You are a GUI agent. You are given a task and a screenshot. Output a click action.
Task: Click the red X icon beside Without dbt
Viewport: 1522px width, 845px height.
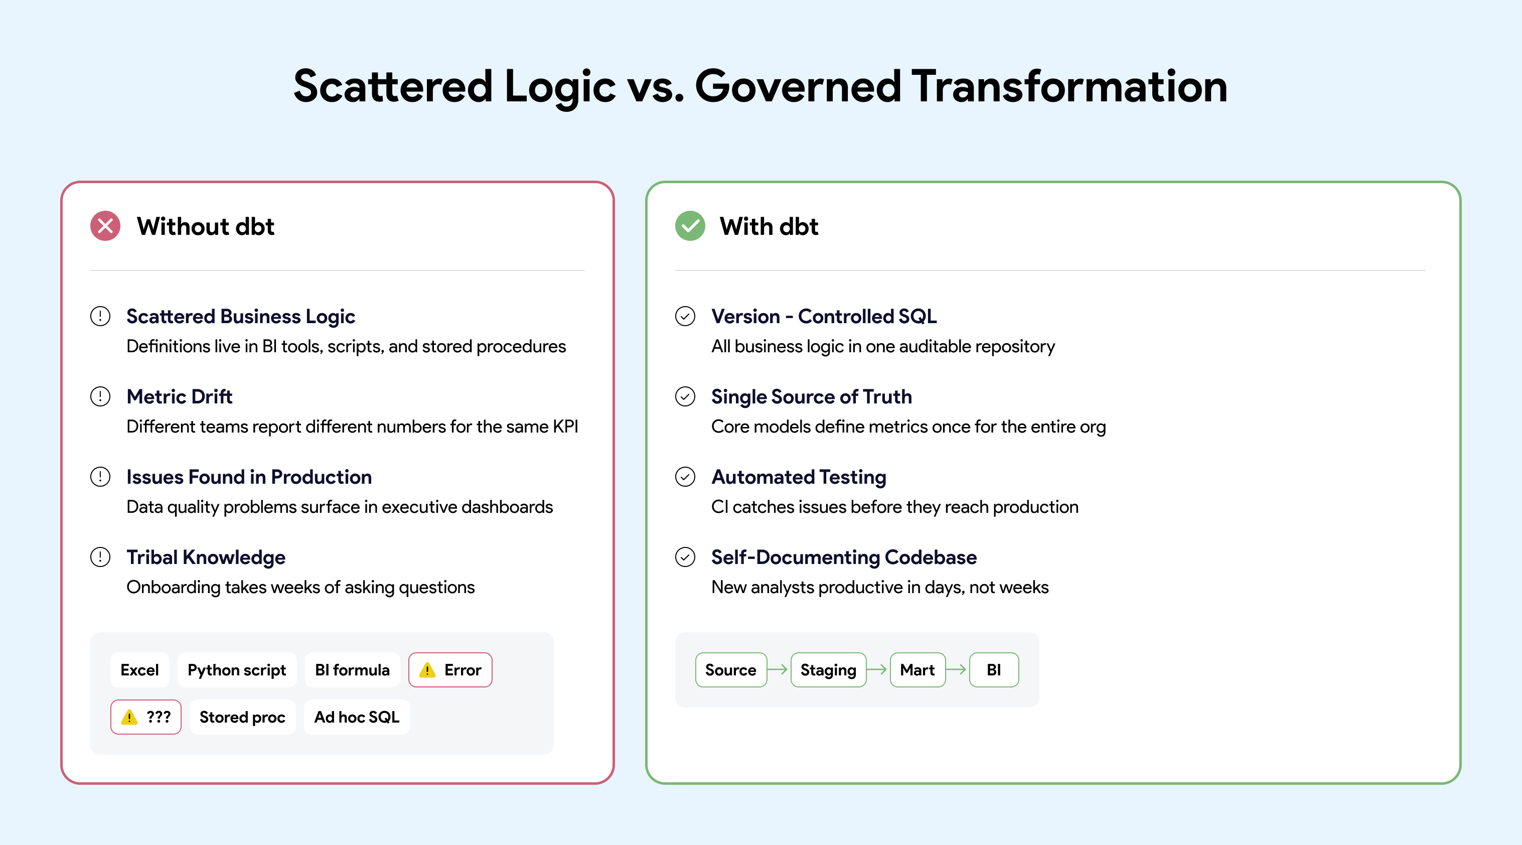tap(105, 226)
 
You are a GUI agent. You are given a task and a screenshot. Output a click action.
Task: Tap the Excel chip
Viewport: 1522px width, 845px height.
tap(139, 669)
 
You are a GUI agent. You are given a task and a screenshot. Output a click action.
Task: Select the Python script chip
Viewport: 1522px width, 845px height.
tap(237, 669)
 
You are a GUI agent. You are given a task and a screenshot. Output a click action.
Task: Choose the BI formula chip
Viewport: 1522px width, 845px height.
tap(352, 669)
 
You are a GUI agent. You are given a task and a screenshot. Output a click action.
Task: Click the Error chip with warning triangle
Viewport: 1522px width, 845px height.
tap(450, 669)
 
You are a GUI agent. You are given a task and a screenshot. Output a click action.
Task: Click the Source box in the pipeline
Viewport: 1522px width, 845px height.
tap(731, 669)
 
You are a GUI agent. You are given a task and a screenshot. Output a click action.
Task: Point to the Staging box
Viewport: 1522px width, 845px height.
tap(828, 669)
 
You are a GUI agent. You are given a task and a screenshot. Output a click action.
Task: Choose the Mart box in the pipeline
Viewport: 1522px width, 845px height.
tap(918, 669)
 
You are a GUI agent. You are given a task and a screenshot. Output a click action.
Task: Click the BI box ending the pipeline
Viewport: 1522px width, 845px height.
tap(994, 669)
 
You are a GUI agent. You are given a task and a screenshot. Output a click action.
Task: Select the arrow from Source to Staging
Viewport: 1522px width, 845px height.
tap(778, 669)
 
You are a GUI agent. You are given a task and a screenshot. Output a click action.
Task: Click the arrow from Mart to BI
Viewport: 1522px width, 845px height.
tap(957, 669)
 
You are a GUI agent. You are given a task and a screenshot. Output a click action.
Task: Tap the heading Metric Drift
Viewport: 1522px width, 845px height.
tap(180, 396)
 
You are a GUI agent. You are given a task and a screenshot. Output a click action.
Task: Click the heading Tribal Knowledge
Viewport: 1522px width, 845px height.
tap(206, 557)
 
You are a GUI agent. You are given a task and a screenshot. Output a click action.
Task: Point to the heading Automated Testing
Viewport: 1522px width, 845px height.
tap(799, 477)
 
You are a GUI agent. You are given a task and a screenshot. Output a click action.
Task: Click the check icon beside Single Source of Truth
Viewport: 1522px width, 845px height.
tap(685, 396)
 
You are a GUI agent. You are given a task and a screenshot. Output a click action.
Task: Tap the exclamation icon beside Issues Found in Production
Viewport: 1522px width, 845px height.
tap(100, 477)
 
